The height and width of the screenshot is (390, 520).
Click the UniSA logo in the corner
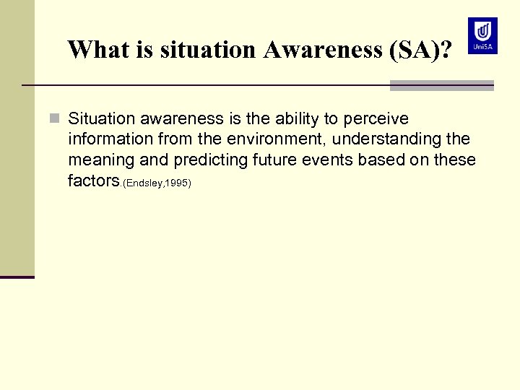tap(482, 35)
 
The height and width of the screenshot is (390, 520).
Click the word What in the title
tap(95, 50)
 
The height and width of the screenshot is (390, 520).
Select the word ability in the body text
tap(297, 118)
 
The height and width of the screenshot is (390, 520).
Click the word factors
tap(93, 181)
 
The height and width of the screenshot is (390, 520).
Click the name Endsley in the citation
tap(144, 183)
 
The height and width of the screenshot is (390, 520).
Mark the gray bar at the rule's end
tap(441, 85)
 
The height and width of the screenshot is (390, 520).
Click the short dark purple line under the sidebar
tap(17, 277)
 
